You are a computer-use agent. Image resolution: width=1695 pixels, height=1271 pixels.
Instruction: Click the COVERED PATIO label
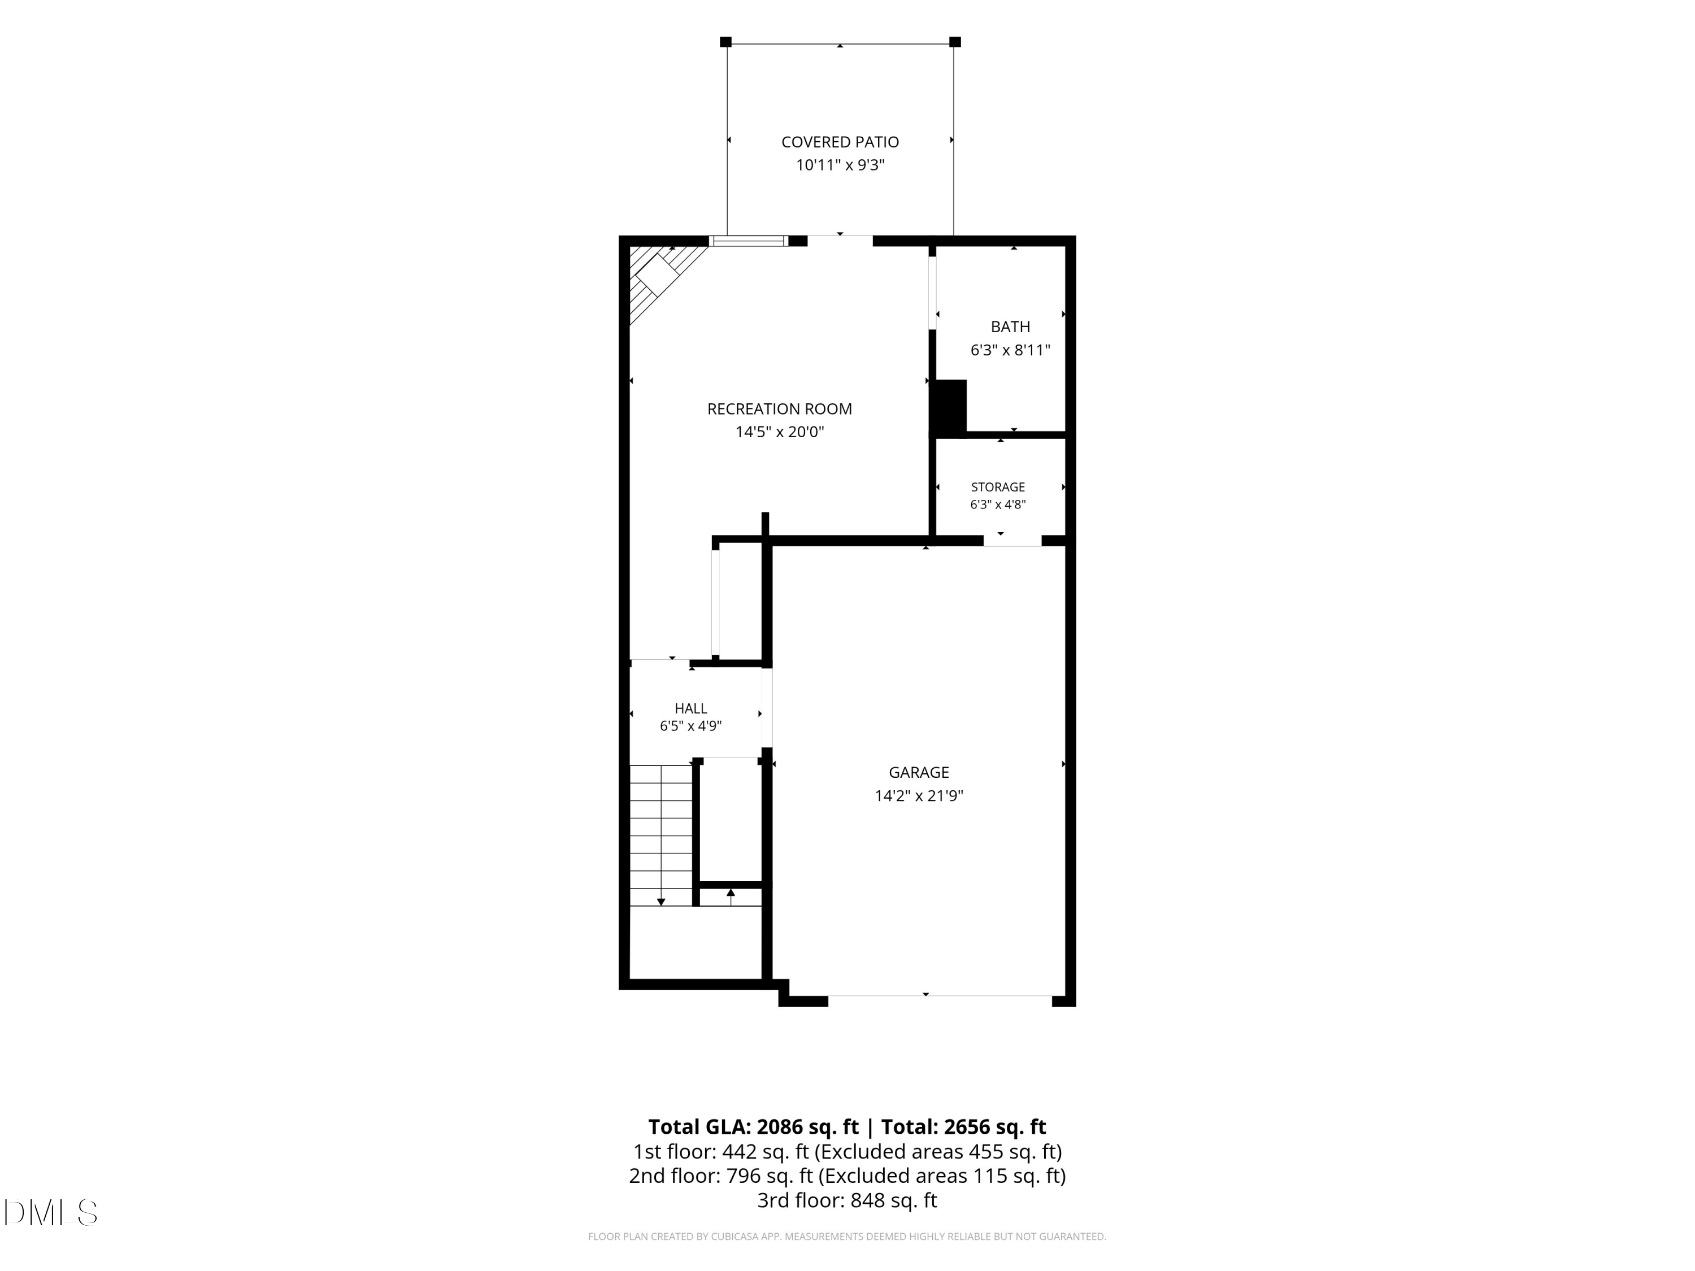tap(840, 142)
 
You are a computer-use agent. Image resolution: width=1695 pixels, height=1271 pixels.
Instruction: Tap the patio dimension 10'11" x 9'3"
tap(840, 165)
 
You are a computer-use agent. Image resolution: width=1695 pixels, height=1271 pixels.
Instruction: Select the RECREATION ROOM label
tap(779, 409)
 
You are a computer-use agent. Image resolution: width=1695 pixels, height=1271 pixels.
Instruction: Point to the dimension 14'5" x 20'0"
tap(779, 432)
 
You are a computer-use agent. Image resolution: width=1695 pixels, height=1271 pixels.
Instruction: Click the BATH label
tap(1010, 327)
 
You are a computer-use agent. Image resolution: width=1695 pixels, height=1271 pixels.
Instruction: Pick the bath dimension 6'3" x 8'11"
tap(1010, 350)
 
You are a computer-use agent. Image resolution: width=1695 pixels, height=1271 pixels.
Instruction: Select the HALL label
tap(690, 709)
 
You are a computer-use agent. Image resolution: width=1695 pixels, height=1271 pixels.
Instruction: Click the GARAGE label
tap(919, 772)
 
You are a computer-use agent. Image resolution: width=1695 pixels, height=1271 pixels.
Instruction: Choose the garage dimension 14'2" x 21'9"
tap(919, 796)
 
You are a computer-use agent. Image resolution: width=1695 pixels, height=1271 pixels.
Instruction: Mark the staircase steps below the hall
tap(661, 835)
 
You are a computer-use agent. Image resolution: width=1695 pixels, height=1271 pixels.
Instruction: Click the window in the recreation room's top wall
tap(749, 241)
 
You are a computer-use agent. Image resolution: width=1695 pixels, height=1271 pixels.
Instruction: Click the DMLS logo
tap(51, 1213)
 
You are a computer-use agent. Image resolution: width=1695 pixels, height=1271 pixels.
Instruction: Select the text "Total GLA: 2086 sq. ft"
tap(753, 1127)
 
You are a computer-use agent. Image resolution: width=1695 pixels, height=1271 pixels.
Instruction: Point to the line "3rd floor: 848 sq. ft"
tap(847, 1200)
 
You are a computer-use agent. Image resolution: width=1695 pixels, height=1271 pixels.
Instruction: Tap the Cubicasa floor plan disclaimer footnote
tap(847, 1237)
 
